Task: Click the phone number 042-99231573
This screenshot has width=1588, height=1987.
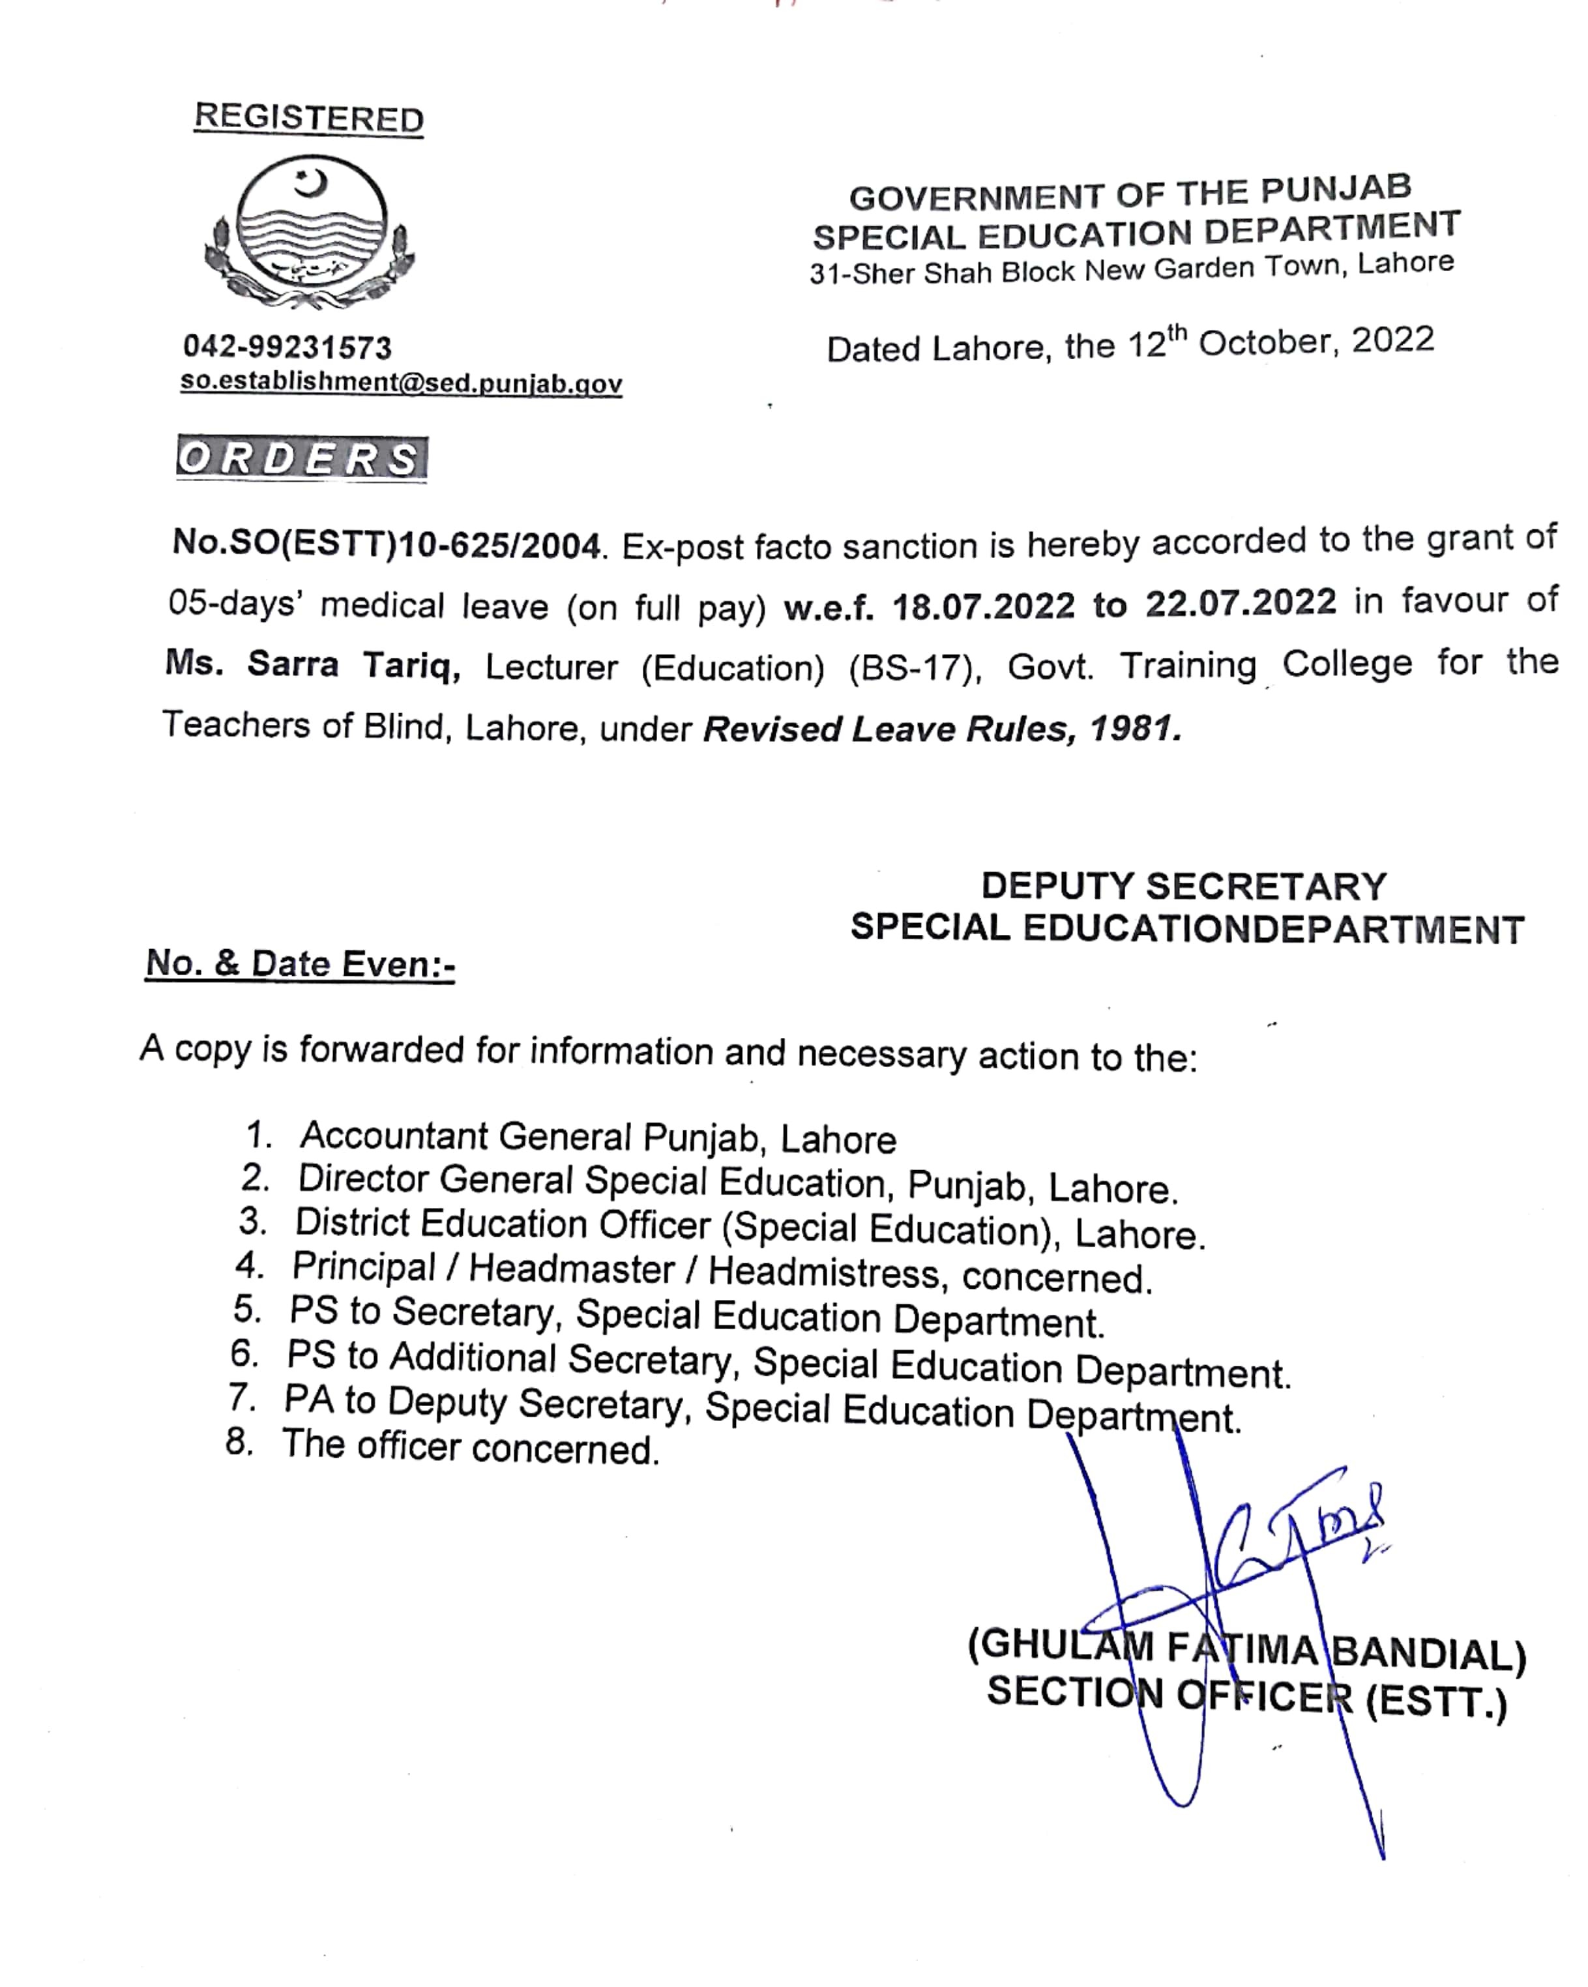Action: tap(287, 347)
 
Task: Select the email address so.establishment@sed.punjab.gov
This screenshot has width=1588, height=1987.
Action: tap(401, 383)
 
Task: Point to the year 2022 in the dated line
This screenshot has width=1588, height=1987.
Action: tap(1392, 341)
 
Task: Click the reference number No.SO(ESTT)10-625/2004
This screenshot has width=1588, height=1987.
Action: tap(386, 546)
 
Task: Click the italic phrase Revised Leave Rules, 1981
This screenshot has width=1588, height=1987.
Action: tap(941, 729)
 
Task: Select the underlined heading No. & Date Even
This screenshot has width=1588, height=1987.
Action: tap(299, 964)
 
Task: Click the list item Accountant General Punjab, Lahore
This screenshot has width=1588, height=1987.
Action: tap(597, 1138)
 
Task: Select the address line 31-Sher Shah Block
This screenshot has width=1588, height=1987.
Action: tap(1131, 269)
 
